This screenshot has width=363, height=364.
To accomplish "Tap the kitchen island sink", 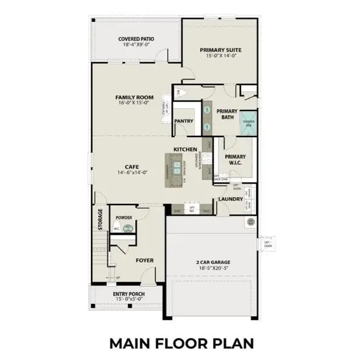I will [177, 166].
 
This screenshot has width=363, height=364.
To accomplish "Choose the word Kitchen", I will [185, 149].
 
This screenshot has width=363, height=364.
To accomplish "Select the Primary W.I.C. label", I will [234, 159].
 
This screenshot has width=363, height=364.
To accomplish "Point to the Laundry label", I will [231, 199].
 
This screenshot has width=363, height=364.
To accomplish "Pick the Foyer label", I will [144, 260].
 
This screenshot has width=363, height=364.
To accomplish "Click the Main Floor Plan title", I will [181, 343].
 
